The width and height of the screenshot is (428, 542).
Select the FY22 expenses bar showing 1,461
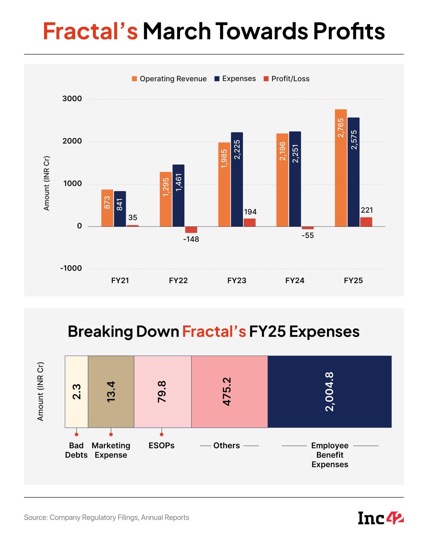tap(178, 195)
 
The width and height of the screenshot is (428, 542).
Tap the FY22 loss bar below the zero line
tap(191, 230)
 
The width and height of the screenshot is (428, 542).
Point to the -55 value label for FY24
tap(307, 236)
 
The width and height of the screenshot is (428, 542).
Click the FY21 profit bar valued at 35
tap(132, 226)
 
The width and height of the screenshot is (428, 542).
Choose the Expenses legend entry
tap(235, 79)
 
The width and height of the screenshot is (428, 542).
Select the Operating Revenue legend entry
tap(169, 79)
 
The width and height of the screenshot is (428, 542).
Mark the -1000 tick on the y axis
tap(71, 268)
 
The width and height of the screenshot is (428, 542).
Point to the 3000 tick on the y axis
tap(72, 99)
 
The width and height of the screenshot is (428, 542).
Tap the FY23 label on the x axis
tap(237, 281)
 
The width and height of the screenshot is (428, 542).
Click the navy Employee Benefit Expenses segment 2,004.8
tap(329, 392)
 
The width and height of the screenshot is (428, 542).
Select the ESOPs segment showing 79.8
tap(162, 392)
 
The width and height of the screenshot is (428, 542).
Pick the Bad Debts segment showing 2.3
tap(76, 392)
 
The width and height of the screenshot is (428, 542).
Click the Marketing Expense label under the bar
tap(111, 450)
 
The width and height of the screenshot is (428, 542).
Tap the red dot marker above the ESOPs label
tap(161, 434)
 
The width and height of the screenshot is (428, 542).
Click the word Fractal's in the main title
tap(91, 31)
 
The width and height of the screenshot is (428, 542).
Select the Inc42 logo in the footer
tap(380, 518)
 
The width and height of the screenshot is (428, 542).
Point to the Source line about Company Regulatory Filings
tap(106, 517)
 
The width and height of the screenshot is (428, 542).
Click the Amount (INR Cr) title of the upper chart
tap(47, 183)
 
